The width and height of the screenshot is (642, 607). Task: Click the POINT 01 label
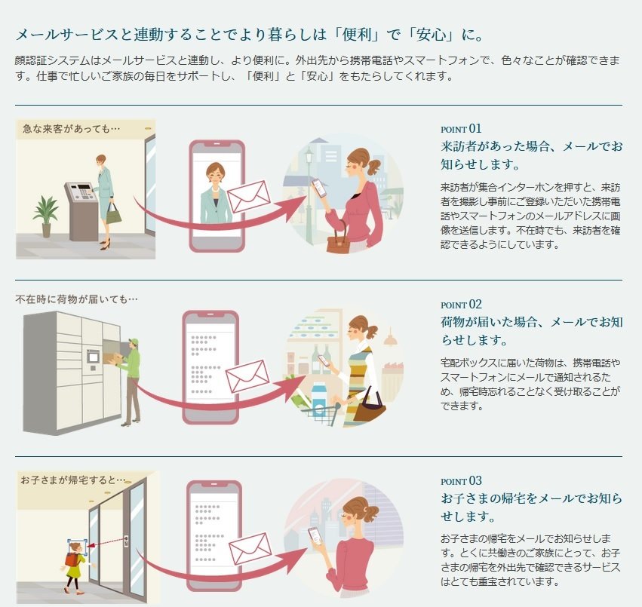tap(461, 128)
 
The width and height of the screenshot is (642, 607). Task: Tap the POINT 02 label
tap(461, 305)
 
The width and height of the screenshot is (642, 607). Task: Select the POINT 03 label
tap(461, 481)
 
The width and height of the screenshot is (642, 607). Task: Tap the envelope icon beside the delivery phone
tap(248, 376)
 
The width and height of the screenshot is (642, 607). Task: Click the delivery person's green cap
tap(134, 341)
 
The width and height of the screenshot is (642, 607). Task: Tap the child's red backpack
tap(72, 559)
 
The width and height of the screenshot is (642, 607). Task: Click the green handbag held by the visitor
tap(113, 214)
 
